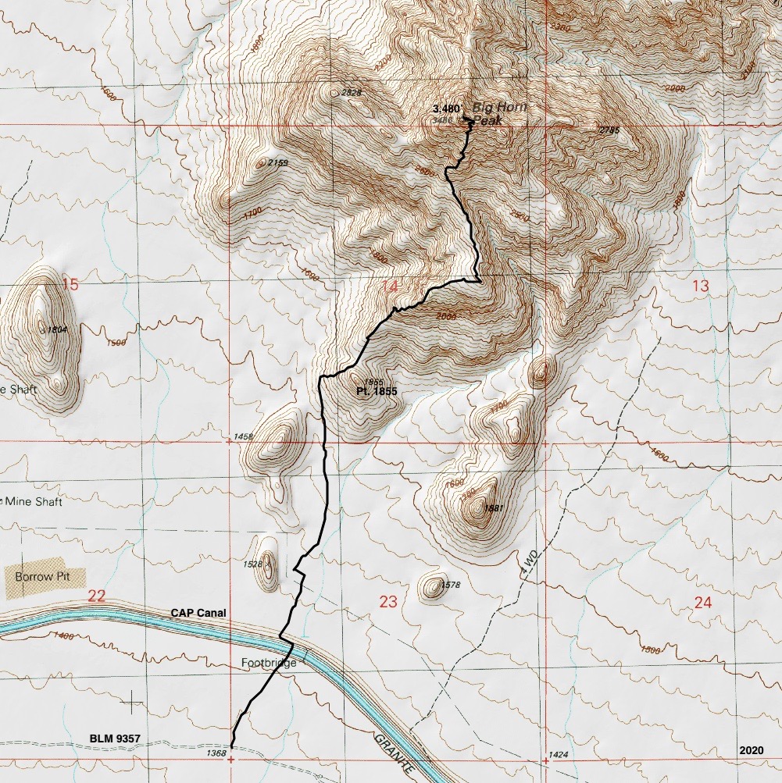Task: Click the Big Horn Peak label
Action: coord(500,114)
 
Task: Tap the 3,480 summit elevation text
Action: coord(446,109)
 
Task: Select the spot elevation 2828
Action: coord(352,93)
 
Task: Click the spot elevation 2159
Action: coord(277,163)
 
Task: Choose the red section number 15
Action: coord(70,285)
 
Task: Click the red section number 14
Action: coord(389,287)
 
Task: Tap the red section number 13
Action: coord(700,286)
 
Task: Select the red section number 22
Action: coord(96,596)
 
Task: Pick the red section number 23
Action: coord(388,601)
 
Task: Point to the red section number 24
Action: coord(702,602)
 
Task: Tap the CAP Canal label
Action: coord(198,614)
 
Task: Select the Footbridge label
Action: coord(269,664)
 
